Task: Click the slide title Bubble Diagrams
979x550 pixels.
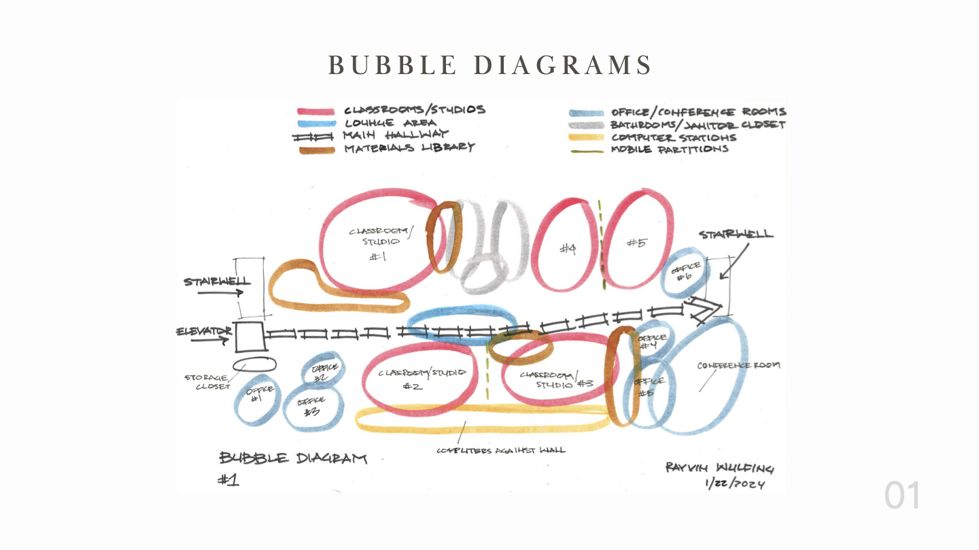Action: click(x=489, y=65)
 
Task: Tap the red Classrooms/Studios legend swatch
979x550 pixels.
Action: click(x=315, y=111)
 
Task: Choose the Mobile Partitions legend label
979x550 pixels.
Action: click(x=669, y=150)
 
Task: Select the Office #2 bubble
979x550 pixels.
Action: click(x=322, y=371)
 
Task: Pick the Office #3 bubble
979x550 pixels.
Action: click(x=311, y=407)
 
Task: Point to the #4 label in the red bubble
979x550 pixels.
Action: click(x=568, y=250)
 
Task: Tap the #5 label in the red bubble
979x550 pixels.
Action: click(x=636, y=243)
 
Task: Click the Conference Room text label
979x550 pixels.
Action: click(x=738, y=366)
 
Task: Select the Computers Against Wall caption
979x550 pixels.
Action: click(x=501, y=450)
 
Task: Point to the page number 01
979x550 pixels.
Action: click(x=902, y=496)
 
